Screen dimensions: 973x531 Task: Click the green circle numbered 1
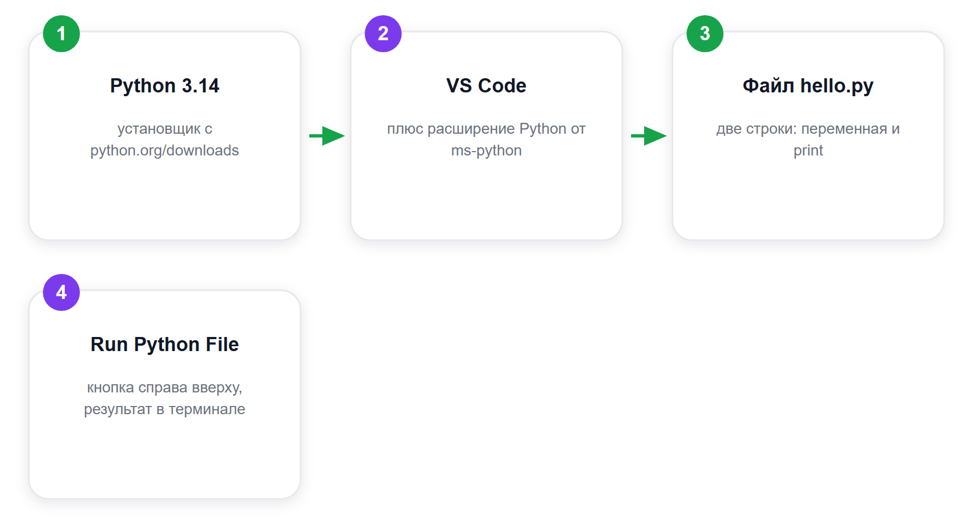[x=61, y=34]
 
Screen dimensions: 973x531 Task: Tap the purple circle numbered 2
[x=383, y=34]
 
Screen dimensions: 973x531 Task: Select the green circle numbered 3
[x=705, y=34]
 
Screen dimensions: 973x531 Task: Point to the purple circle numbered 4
[x=61, y=292]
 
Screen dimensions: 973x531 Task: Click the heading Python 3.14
[x=165, y=86]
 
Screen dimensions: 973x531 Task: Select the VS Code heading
[x=486, y=86]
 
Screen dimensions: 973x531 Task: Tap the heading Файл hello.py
[x=808, y=86]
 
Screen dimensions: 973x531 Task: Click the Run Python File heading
[x=165, y=345]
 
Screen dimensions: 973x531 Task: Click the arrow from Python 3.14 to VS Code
[x=327, y=136]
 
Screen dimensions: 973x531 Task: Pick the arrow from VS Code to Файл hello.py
[x=648, y=136]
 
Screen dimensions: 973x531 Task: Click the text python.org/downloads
[x=165, y=151]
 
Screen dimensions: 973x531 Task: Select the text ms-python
[x=486, y=151]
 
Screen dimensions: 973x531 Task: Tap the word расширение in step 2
[x=471, y=129]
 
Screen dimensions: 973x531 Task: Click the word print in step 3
[x=808, y=151]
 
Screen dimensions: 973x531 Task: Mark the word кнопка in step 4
[x=111, y=388]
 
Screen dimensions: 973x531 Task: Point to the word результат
[x=118, y=410]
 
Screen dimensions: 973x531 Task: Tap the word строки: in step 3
[x=772, y=129]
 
